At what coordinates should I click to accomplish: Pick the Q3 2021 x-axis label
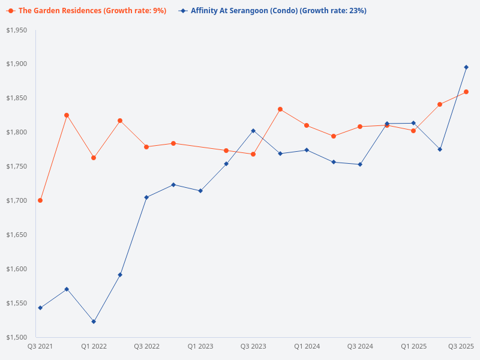(x=40, y=346)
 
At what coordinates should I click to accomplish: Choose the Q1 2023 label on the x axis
(x=200, y=346)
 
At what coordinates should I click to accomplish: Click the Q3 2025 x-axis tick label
(x=461, y=346)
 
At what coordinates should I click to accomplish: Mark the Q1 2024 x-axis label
(x=307, y=346)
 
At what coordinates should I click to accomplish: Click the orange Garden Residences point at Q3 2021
(x=40, y=200)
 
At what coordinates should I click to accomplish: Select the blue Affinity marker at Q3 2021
(x=40, y=308)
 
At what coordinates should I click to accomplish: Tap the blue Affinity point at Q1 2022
(x=94, y=322)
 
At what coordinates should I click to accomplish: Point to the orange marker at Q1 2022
(x=94, y=158)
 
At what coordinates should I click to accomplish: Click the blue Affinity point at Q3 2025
(x=466, y=67)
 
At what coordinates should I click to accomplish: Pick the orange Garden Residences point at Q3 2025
(x=466, y=92)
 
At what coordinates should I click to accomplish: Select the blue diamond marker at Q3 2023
(x=253, y=131)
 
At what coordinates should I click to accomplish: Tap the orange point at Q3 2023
(x=253, y=154)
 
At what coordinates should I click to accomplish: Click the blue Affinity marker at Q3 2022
(x=146, y=197)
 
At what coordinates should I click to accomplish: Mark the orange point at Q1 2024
(x=307, y=125)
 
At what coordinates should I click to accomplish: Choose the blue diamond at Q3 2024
(x=360, y=164)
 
